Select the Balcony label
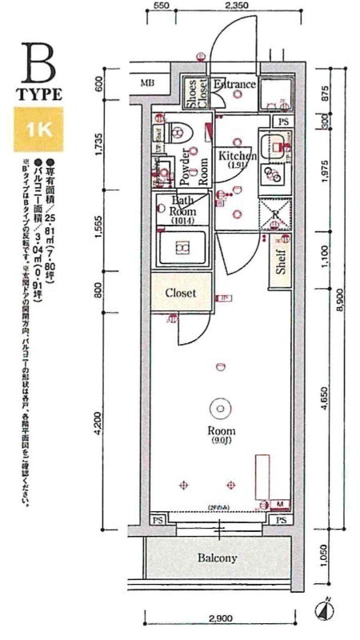217,558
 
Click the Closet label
181,293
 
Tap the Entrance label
234,85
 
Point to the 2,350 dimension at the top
238,6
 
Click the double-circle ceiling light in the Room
218,409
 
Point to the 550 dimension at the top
162,6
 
